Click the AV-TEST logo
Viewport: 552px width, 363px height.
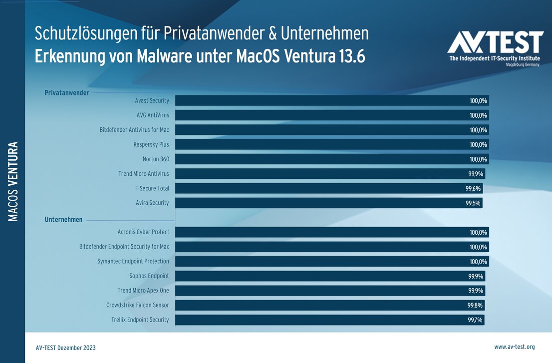click(x=495, y=48)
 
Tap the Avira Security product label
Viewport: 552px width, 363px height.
click(x=152, y=203)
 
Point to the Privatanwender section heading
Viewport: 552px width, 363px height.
click(x=67, y=93)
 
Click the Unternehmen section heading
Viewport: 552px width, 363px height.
click(x=63, y=220)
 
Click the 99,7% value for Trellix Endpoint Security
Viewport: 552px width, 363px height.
click(x=475, y=320)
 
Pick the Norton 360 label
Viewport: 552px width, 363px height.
click(x=156, y=159)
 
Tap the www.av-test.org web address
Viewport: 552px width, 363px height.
click(x=514, y=347)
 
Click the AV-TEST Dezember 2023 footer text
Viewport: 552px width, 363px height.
click(x=66, y=348)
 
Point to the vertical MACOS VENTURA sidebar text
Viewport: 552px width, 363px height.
click(x=13, y=181)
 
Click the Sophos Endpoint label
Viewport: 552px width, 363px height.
click(x=149, y=276)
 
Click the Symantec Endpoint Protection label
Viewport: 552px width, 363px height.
click(x=133, y=261)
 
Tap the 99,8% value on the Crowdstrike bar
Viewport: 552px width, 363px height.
click(x=475, y=305)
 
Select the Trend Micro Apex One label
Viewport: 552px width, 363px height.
click(x=143, y=291)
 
